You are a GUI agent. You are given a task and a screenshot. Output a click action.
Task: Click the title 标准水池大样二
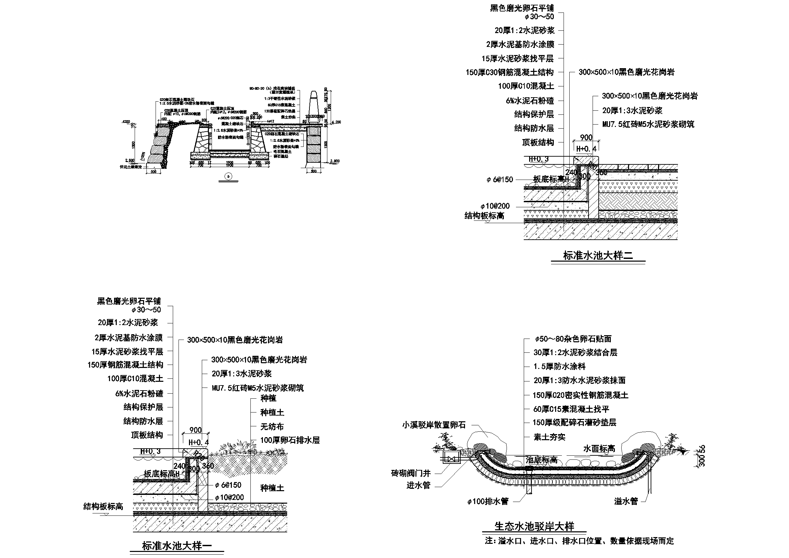click(598, 256)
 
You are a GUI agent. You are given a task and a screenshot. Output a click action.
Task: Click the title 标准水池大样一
click(177, 546)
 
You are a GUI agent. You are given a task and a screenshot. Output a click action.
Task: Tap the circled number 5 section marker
click(228, 176)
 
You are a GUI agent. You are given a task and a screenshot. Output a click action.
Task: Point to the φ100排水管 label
click(488, 502)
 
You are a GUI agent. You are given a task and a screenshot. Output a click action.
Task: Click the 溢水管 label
click(626, 501)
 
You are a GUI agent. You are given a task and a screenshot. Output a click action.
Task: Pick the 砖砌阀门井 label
click(411, 473)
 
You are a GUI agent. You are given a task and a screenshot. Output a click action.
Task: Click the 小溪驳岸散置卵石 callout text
click(434, 425)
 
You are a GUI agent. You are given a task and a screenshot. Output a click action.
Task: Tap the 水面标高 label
click(599, 448)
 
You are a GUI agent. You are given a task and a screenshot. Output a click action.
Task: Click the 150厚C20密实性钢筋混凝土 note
click(580, 395)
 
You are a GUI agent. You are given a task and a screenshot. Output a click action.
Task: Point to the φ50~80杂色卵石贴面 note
click(573, 339)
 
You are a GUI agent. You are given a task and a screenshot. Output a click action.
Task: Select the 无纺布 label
click(272, 427)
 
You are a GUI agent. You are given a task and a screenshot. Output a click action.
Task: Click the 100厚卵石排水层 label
click(290, 440)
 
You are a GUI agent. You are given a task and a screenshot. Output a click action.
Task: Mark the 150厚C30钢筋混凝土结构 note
click(510, 73)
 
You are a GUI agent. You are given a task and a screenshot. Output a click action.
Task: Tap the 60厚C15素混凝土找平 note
click(571, 409)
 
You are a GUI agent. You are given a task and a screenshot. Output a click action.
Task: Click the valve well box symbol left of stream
click(450, 459)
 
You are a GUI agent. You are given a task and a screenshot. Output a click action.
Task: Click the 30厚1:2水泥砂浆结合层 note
click(575, 352)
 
